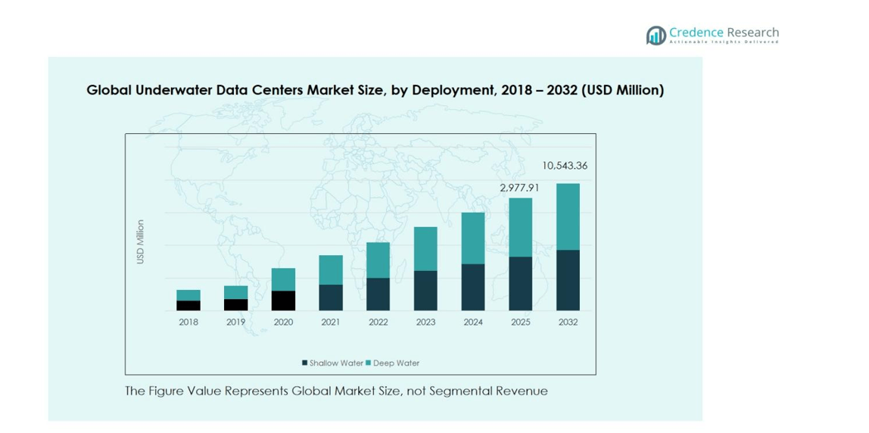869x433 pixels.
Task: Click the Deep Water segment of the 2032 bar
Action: [x=568, y=216]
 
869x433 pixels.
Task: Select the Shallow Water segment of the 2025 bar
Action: [x=520, y=283]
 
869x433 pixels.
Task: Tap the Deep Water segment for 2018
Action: [x=188, y=295]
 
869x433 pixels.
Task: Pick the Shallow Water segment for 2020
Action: [x=283, y=301]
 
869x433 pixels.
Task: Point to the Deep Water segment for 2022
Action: [x=378, y=260]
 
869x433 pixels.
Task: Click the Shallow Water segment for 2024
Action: [x=473, y=287]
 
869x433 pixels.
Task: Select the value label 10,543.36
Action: [x=565, y=166]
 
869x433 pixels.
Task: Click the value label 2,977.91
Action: [x=519, y=187]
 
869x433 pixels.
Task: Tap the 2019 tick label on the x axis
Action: [x=235, y=322]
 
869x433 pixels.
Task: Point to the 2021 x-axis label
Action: [x=331, y=322]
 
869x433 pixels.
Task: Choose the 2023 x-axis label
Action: [x=425, y=322]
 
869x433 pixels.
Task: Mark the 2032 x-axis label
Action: [x=568, y=322]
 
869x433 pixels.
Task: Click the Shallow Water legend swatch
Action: [x=305, y=363]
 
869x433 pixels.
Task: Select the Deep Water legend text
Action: [x=396, y=363]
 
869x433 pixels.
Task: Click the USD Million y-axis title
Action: [x=140, y=242]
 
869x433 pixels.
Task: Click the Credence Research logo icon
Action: [x=656, y=35]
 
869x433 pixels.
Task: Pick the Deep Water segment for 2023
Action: [x=425, y=249]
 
